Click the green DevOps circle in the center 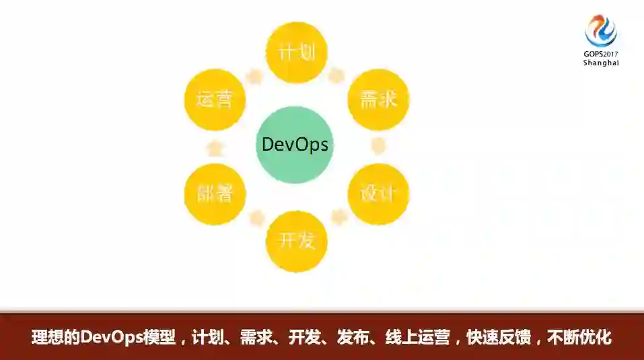[295, 144]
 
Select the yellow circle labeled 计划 [297, 52]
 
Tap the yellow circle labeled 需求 [378, 100]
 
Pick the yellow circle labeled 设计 [378, 194]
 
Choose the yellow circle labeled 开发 [297, 241]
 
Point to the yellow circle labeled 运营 [214, 100]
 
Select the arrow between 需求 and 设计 [379, 146]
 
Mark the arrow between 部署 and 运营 [214, 147]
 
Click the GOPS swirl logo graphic [601, 30]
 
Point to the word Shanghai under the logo [601, 63]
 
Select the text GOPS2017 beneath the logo [601, 54]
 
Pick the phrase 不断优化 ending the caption [579, 337]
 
